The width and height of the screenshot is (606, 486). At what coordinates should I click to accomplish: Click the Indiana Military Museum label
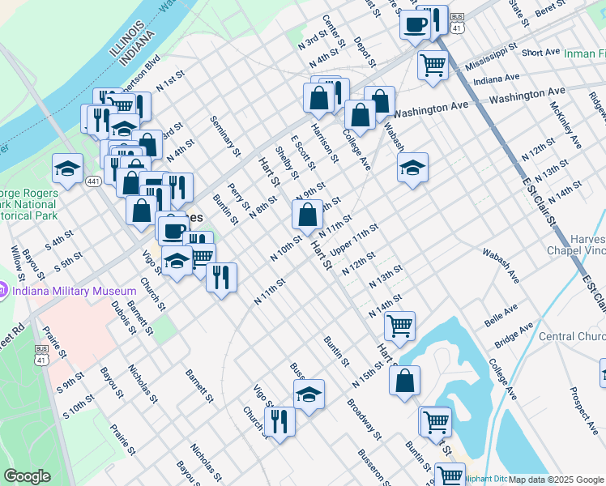pyautogui.click(x=74, y=291)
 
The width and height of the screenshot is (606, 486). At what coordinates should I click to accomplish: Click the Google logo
pyautogui.click(x=27, y=476)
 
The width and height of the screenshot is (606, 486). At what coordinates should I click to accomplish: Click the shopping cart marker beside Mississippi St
pyautogui.click(x=433, y=62)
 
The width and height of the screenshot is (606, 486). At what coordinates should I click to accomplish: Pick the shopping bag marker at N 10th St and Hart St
pyautogui.click(x=307, y=215)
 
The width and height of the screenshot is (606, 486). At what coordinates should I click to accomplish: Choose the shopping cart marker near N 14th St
pyautogui.click(x=399, y=326)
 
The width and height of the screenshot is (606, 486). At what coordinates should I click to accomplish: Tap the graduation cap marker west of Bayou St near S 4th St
pyautogui.click(x=67, y=168)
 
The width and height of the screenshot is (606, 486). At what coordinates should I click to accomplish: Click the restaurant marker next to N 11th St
pyautogui.click(x=220, y=277)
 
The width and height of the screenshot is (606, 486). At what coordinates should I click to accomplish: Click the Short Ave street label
pyautogui.click(x=541, y=53)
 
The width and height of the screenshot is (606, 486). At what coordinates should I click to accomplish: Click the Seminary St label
pyautogui.click(x=225, y=135)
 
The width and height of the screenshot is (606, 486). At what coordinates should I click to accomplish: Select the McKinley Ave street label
pyautogui.click(x=565, y=124)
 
